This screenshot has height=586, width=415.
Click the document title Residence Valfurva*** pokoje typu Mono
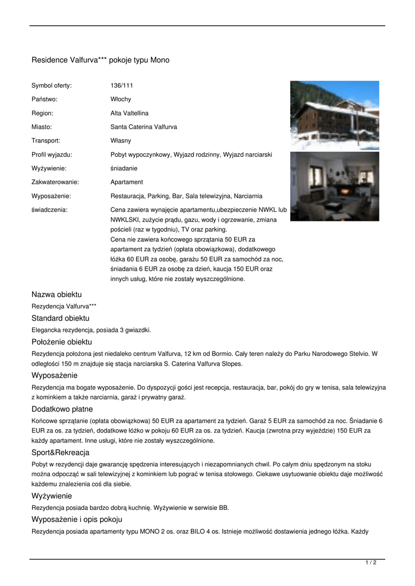coord(100,60)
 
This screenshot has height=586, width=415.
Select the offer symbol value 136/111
coord(121,86)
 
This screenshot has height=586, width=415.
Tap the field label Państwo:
coord(45,100)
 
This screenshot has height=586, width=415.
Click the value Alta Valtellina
coord(129,113)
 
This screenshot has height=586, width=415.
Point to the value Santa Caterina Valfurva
coord(144,127)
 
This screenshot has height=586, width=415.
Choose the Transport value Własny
coord(121,141)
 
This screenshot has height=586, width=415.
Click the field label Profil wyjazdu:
coord(52,155)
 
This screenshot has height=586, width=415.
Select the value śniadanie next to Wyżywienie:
coord(124,168)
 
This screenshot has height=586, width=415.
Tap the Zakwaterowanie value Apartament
coord(127,182)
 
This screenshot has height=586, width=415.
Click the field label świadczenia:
coord(49,209)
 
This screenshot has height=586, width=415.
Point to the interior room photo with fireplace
coord(334,187)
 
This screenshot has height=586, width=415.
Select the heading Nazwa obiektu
coord(57,295)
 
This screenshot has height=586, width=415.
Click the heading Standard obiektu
coord(60,318)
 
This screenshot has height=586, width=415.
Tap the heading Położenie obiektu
coord(62,342)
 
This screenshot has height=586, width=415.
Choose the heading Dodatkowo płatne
coord(62,409)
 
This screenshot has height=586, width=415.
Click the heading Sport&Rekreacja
coord(60,453)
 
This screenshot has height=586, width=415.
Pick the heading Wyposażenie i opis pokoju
coord(77,520)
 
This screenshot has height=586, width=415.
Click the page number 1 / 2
coord(371,563)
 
